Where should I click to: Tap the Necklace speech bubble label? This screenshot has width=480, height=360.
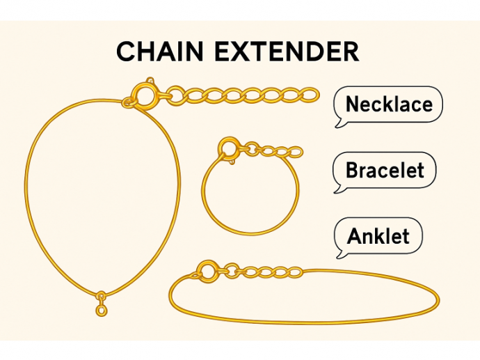[389, 104]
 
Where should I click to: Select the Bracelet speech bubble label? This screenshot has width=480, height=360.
[385, 170]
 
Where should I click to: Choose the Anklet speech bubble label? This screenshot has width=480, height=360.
[378, 235]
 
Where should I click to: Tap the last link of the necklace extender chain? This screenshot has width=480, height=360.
[306, 93]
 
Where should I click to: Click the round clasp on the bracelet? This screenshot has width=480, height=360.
[229, 148]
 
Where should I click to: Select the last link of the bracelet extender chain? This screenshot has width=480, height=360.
[295, 152]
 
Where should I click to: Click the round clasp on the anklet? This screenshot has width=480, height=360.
[207, 270]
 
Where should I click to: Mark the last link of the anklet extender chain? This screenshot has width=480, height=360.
[295, 272]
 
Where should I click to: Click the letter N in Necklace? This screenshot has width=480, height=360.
[352, 104]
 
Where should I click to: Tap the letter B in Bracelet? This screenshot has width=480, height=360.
[352, 170]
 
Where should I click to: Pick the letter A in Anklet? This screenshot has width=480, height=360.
[354, 235]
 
